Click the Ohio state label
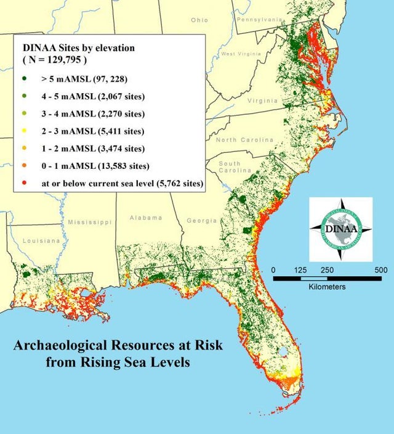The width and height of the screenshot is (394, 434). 200,20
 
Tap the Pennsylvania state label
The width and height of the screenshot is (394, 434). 259,20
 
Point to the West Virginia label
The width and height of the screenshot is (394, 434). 241,54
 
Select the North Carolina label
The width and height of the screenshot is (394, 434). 244,140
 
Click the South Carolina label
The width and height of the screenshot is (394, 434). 230,166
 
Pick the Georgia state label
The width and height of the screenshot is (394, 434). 201,220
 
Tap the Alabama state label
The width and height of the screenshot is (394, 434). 146,218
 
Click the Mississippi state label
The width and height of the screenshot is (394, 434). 90,221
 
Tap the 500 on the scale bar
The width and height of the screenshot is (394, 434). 380,270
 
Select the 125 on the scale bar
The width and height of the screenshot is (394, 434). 301,270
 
